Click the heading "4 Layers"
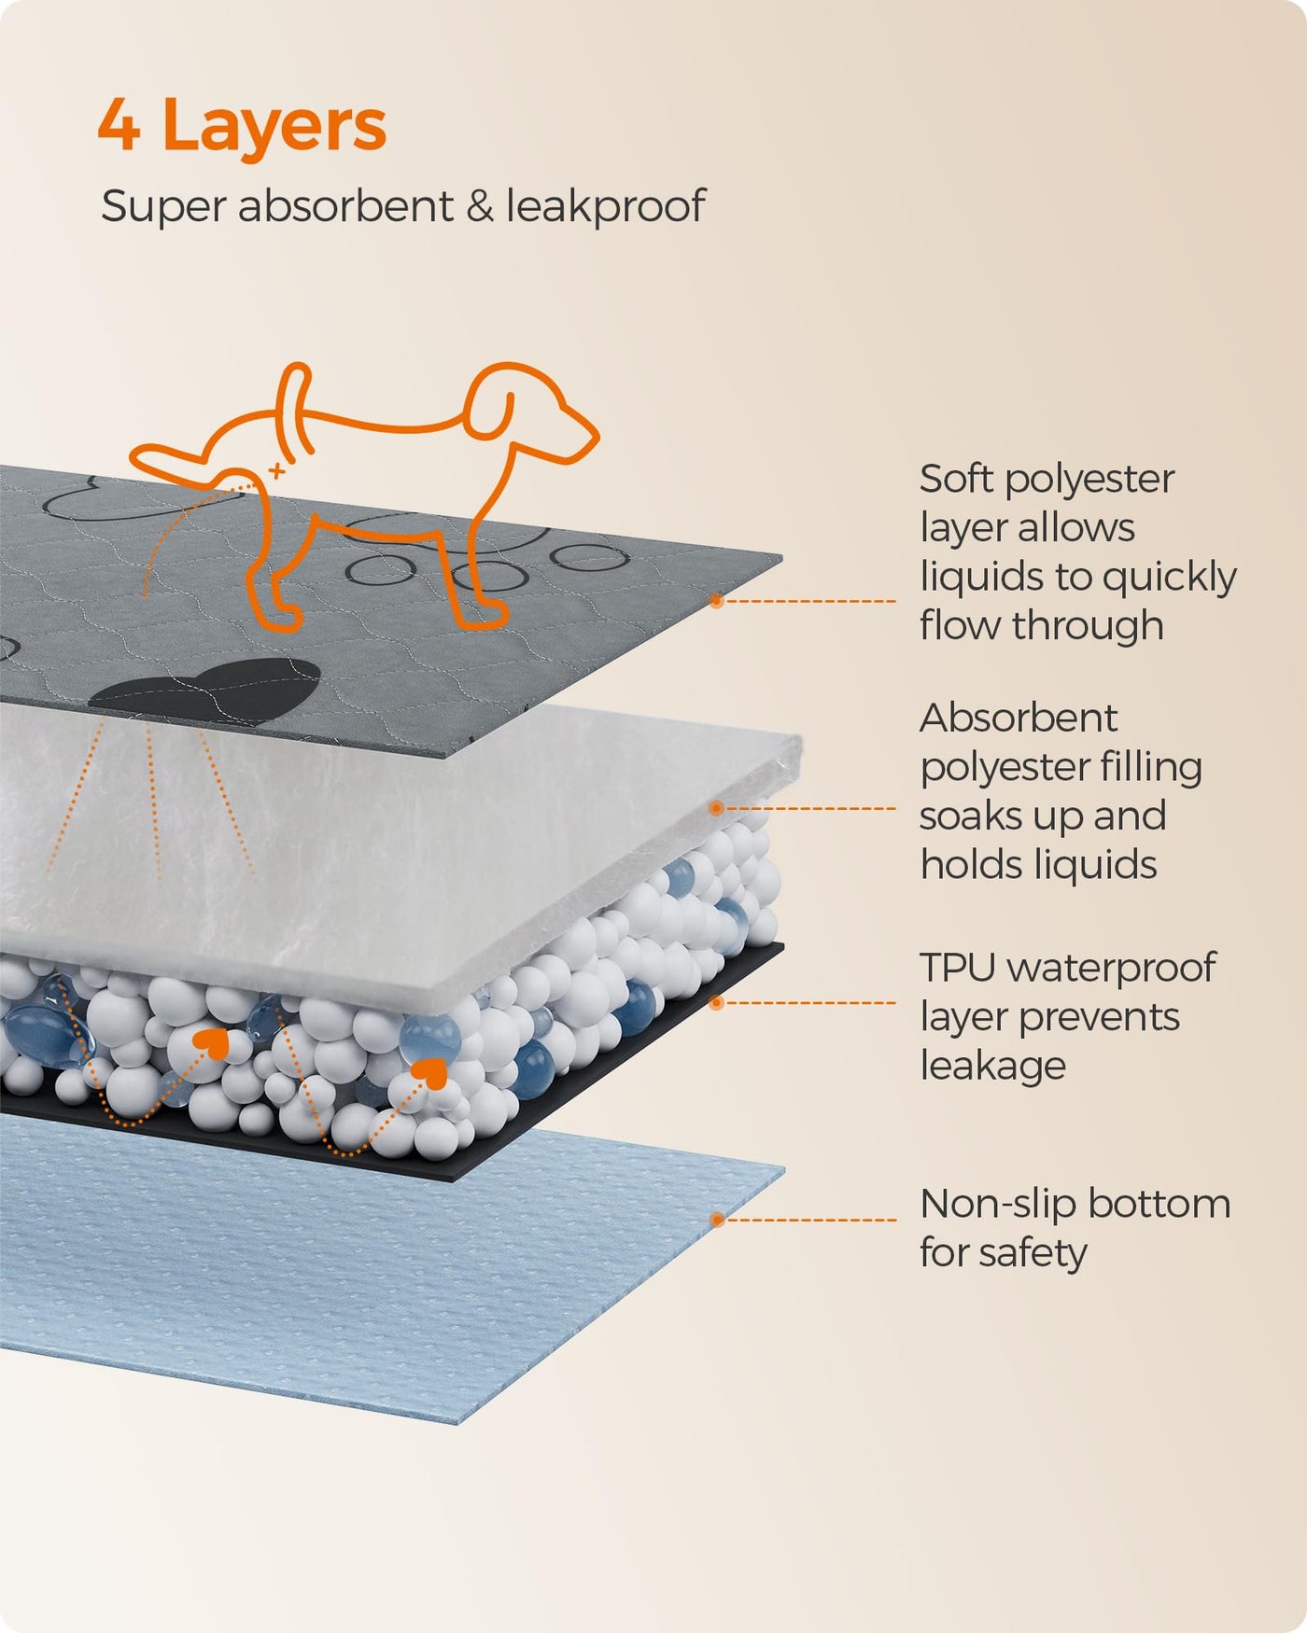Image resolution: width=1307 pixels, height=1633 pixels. [x=242, y=126]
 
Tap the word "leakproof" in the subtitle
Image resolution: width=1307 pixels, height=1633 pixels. [x=605, y=206]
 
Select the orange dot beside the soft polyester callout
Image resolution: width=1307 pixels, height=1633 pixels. [x=716, y=601]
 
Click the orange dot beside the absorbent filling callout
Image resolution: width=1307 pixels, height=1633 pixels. [x=716, y=808]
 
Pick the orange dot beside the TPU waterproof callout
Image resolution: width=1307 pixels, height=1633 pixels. [x=716, y=1003]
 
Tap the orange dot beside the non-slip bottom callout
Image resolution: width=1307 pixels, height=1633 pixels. [x=716, y=1220]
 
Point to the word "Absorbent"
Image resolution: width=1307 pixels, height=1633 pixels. [x=1018, y=718]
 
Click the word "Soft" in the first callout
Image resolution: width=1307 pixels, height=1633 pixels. [x=955, y=479]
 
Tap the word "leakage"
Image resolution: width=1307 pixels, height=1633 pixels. [x=992, y=1066]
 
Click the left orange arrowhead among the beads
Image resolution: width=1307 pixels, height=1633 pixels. [x=214, y=1042]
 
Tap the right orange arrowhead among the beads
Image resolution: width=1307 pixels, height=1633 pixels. [x=430, y=1072]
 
